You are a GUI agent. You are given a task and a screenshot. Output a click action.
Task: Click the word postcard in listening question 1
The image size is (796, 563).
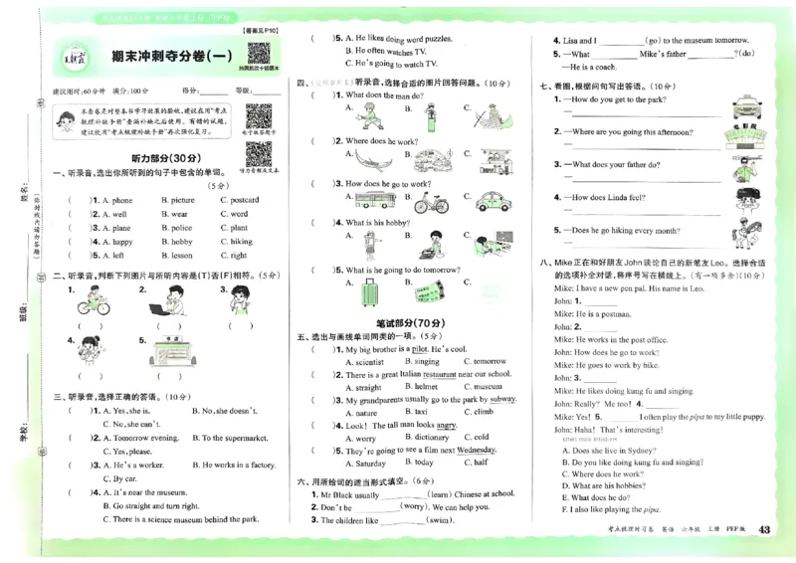pyautogui.click(x=244, y=200)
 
